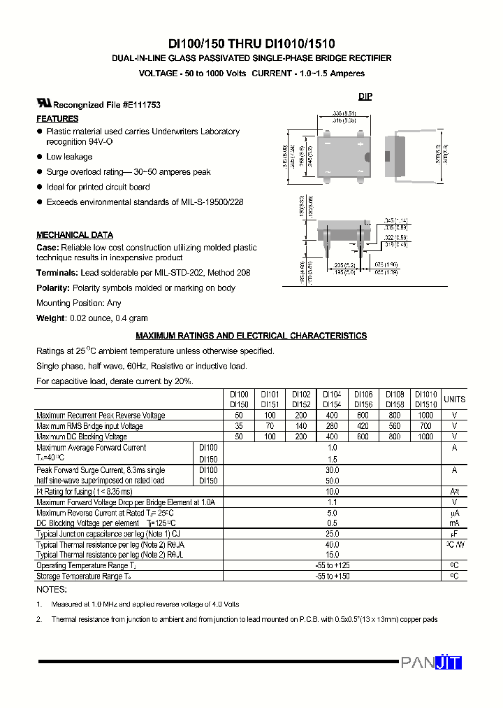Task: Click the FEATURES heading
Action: [57, 119]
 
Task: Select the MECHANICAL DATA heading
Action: [75, 235]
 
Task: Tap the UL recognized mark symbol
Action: [44, 103]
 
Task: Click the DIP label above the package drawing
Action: [365, 97]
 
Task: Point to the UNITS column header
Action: [454, 399]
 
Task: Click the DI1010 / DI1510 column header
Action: [425, 399]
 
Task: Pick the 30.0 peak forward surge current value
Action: [332, 470]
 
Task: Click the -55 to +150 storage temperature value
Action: [332, 576]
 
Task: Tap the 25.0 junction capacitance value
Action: [332, 534]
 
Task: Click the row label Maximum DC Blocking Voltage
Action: [82, 437]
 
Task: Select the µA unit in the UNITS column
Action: [454, 513]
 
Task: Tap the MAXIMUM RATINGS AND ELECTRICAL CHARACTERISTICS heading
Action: [251, 336]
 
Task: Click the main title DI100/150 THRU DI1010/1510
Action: [251, 43]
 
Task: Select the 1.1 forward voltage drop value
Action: [332, 502]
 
